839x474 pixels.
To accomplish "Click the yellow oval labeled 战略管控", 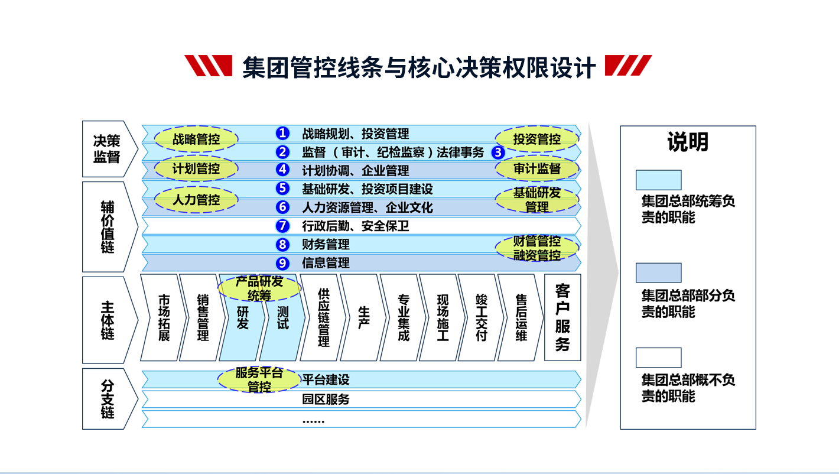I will click(196, 139).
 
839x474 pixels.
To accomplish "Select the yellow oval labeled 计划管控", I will click(196, 169).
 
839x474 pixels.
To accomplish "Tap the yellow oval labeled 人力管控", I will click(196, 200).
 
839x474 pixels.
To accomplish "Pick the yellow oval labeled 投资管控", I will click(536, 139).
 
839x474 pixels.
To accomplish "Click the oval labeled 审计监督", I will click(536, 169).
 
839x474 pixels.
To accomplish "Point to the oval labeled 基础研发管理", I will click(536, 200).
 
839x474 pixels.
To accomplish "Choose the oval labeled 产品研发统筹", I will click(259, 288).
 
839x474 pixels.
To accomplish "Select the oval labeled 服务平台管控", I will click(259, 380).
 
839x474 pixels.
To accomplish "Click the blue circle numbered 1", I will click(283, 134).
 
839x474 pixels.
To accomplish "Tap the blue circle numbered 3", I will click(498, 152).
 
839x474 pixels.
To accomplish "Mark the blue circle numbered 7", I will click(283, 226).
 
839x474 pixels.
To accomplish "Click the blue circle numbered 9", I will click(283, 263).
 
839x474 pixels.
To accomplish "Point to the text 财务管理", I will click(326, 245).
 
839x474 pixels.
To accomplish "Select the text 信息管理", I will click(326, 263).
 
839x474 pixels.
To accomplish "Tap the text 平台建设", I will click(326, 379).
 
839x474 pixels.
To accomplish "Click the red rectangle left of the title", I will click(208, 66).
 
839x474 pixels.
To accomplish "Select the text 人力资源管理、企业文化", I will click(367, 207).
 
